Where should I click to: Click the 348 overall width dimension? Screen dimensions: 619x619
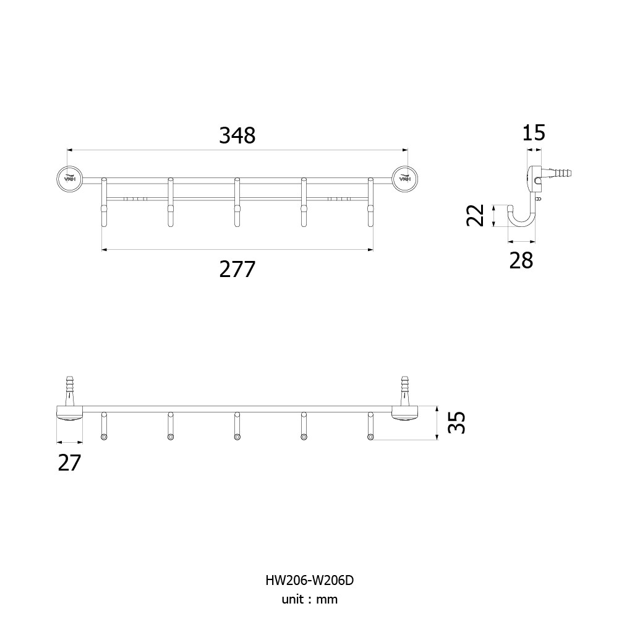pos(237,135)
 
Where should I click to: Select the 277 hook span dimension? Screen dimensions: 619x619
pos(237,269)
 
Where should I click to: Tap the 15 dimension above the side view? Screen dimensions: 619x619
pos(533,132)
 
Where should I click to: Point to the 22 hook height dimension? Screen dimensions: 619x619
pos(476,215)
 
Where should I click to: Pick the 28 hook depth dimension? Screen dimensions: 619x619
pos(521,260)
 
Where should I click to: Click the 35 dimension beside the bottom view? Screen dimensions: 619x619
pos(458,423)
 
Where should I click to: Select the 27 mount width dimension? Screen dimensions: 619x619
pos(69,463)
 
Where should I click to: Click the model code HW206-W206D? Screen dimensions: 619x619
pos(309,580)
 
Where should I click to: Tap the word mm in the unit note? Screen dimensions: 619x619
pos(327,600)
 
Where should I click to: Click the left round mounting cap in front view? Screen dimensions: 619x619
pos(69,179)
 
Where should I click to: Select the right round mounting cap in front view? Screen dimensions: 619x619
pos(405,179)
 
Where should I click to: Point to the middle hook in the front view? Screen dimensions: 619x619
pos(237,202)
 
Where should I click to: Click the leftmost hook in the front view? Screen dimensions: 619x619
pos(104,202)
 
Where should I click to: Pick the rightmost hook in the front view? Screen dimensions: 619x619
pos(370,202)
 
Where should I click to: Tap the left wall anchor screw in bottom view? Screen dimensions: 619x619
pos(70,391)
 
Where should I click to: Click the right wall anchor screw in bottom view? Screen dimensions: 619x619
pos(404,391)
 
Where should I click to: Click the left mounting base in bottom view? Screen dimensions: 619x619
pos(70,413)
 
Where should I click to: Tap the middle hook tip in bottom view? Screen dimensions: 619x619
pos(237,437)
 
